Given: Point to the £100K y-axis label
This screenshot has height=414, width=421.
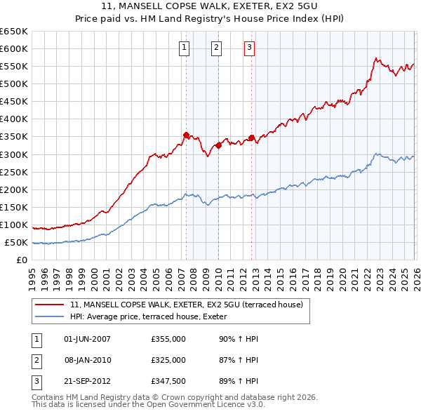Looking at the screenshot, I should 14,225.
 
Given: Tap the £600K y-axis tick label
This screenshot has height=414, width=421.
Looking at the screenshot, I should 14,48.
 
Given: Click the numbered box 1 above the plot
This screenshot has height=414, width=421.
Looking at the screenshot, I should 184,48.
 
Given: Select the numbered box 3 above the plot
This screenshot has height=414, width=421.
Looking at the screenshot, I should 249,48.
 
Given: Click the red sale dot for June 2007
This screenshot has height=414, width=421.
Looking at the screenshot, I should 186,135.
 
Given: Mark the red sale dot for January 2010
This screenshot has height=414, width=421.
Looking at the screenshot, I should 218,145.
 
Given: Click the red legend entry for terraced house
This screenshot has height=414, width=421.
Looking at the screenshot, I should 187,305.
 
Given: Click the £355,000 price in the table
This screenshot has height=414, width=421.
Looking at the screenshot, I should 168,339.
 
